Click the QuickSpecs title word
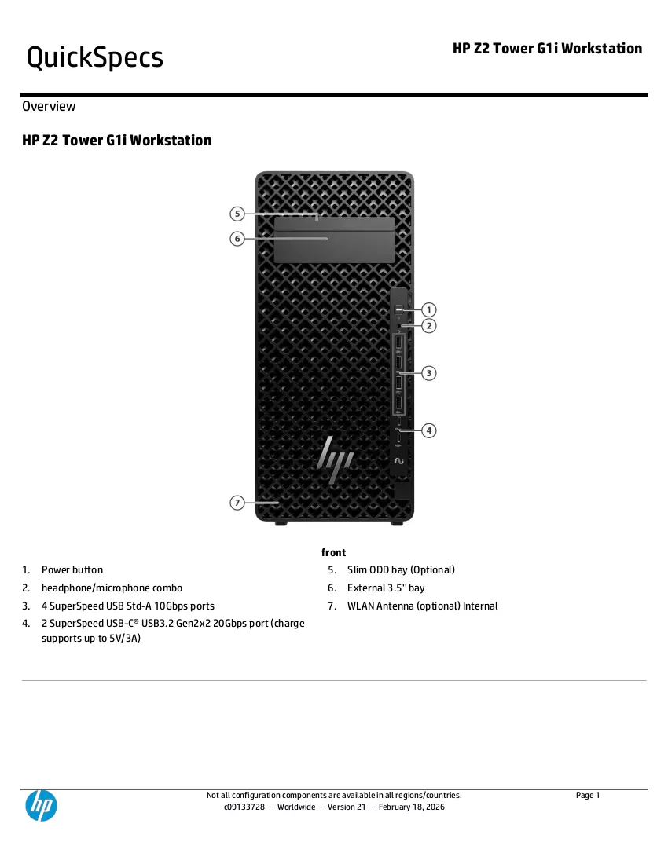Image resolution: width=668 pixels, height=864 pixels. (x=95, y=58)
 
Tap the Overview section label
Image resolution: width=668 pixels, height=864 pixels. (x=49, y=106)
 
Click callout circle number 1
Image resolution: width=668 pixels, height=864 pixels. (x=429, y=309)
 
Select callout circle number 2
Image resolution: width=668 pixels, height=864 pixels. (x=429, y=326)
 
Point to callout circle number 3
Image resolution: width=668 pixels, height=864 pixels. (x=429, y=373)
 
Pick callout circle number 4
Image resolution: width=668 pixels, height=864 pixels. (x=429, y=430)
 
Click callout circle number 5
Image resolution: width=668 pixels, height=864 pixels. (x=237, y=213)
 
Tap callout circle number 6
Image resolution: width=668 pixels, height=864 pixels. (x=237, y=239)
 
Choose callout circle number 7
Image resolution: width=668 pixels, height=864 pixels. (x=237, y=503)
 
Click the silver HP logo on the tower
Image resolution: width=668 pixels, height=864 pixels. (x=335, y=460)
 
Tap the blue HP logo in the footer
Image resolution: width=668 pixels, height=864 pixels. (x=42, y=805)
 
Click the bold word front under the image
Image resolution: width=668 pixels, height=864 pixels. (x=333, y=552)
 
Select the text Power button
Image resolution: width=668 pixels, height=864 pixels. (x=72, y=569)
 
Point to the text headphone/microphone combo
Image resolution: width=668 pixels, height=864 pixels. (x=112, y=588)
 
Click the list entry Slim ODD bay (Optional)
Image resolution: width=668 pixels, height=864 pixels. (x=401, y=569)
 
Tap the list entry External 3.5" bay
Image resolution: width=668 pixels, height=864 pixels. (x=386, y=588)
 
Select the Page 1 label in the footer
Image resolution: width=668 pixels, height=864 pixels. (x=588, y=795)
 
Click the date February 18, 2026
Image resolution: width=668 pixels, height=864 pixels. (x=411, y=807)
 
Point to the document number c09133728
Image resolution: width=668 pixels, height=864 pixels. (x=244, y=807)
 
